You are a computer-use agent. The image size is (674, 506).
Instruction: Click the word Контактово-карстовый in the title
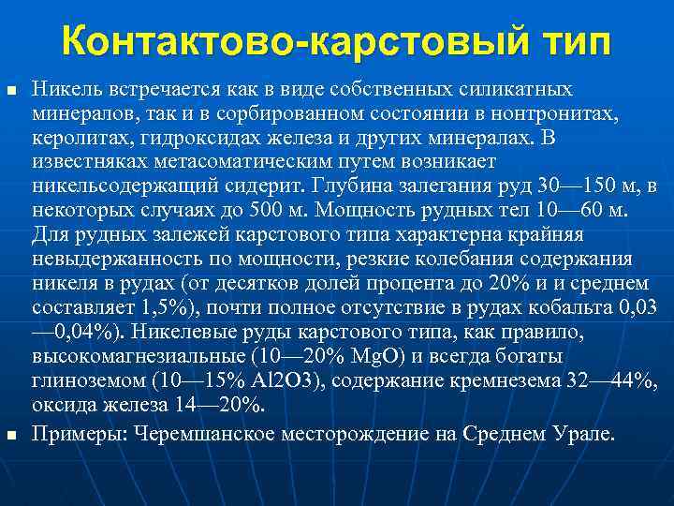pyautogui.click(x=286, y=41)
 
